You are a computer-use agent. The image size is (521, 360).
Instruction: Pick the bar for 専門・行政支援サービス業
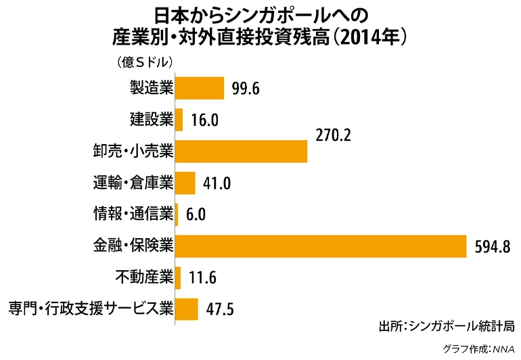pos(187,309)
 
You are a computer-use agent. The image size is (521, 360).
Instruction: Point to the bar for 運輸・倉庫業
pos(185,183)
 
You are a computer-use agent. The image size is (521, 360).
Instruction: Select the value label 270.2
pos(333,135)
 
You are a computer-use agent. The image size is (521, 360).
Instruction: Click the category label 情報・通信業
pos(133,215)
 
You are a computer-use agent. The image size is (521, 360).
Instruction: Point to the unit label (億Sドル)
pos(145,62)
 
